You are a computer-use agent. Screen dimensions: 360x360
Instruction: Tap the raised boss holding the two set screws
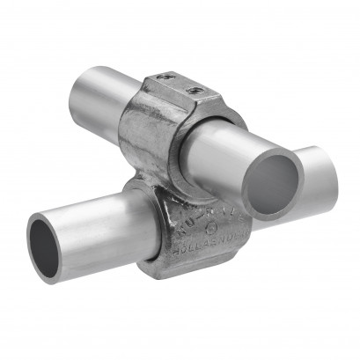[180, 86]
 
